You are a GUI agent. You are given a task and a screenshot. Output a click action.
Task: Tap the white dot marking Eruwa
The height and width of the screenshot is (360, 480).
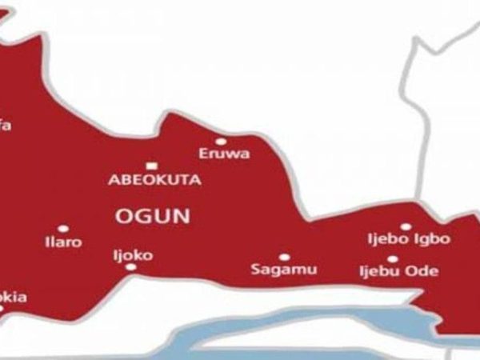point(222,142)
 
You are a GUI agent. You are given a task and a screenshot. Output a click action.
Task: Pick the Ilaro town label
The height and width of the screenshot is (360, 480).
point(63,242)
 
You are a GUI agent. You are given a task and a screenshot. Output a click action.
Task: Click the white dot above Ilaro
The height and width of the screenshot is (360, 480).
point(63,228)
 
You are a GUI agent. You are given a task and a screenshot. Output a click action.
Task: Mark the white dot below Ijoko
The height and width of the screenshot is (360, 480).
point(130,268)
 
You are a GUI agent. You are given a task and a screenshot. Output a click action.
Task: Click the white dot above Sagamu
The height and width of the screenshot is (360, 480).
point(283,257)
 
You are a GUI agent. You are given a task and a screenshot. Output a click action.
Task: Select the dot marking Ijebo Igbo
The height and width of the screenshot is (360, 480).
point(406,227)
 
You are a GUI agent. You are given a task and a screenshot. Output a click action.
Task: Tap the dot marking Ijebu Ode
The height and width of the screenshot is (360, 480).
point(392,259)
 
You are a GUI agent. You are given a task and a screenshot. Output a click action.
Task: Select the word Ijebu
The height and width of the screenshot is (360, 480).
point(378,272)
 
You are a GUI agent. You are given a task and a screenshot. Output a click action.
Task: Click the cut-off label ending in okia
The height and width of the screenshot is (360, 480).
point(14,298)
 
